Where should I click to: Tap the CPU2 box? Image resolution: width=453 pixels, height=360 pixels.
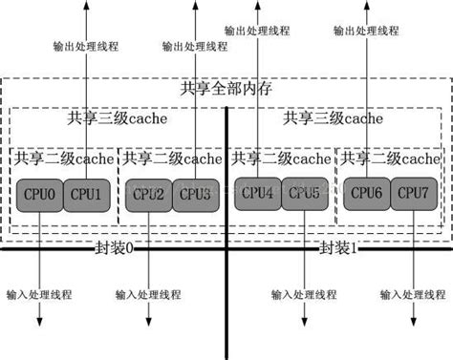[x=148, y=196]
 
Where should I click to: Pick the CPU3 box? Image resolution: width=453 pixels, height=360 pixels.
[x=194, y=196]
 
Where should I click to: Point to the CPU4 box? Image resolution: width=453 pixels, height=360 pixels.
[x=257, y=194]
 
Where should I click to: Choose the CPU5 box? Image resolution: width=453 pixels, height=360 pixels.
[x=303, y=194]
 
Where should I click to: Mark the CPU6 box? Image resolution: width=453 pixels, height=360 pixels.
[x=367, y=194]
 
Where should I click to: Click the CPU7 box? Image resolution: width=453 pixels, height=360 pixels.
[x=412, y=194]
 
